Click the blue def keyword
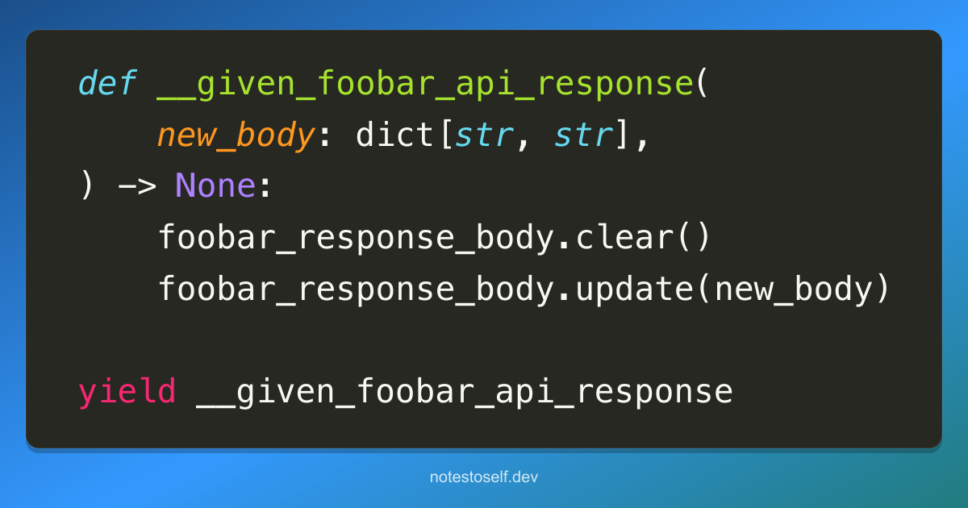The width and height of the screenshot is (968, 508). pos(107,82)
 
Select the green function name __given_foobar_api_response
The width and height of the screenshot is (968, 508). pos(425,85)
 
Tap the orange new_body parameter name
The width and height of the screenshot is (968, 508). pos(236,136)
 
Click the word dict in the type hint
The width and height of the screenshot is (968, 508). pos(395,135)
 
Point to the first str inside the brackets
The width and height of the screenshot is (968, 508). pos(484,135)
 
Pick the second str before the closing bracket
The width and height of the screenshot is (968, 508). pos(583,135)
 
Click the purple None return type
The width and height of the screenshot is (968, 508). pos(215,185)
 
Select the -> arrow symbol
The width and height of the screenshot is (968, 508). pos(137,186)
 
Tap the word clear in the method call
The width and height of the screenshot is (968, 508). pos(625,237)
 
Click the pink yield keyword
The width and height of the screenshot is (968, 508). pos(127,392)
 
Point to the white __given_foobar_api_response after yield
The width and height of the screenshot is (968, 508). pos(465,392)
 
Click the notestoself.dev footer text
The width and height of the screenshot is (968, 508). pos(484,477)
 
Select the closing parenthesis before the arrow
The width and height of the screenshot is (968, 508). pos(87,185)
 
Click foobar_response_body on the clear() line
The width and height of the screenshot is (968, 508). pos(357,238)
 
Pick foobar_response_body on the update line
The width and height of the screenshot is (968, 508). pos(357,289)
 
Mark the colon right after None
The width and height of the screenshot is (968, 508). pos(265,187)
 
